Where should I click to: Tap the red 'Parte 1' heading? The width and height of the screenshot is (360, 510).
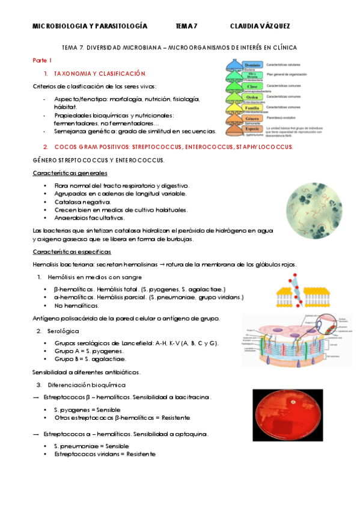point(42,61)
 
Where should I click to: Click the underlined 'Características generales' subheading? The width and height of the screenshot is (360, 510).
point(69,173)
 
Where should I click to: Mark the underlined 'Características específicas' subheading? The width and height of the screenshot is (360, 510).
point(72,251)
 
